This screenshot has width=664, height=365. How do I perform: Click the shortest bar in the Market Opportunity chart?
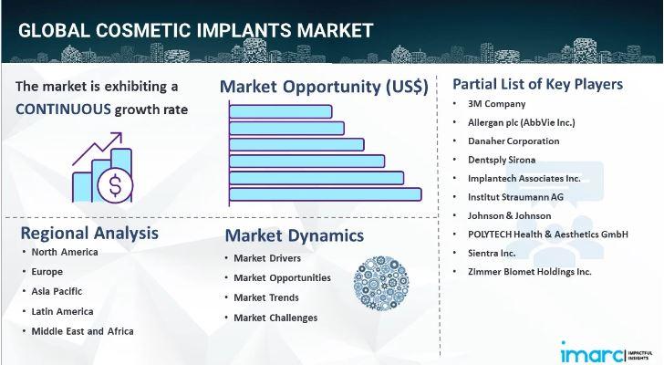click(280, 111)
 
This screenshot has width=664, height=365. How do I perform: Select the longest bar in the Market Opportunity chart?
click(326, 194)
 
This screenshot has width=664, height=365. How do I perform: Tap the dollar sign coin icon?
click(115, 185)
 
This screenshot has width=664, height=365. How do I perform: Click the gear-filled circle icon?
click(381, 283)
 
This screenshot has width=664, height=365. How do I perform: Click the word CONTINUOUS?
click(63, 109)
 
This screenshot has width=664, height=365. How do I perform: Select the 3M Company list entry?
click(496, 104)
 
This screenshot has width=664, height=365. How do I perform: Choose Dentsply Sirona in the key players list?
click(502, 160)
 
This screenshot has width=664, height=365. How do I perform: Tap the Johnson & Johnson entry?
click(510, 215)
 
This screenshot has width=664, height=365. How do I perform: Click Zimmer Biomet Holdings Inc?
click(529, 271)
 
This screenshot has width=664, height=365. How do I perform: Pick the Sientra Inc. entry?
click(492, 253)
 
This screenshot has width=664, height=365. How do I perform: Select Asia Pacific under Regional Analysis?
click(57, 291)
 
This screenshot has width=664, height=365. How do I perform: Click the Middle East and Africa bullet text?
click(83, 331)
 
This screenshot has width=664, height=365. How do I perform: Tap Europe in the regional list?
click(47, 271)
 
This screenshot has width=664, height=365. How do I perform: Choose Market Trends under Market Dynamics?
click(266, 297)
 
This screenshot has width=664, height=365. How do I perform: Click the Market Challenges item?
click(275, 318)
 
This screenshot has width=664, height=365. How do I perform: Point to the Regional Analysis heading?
click(89, 233)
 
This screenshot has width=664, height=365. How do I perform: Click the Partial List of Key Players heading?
click(538, 84)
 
